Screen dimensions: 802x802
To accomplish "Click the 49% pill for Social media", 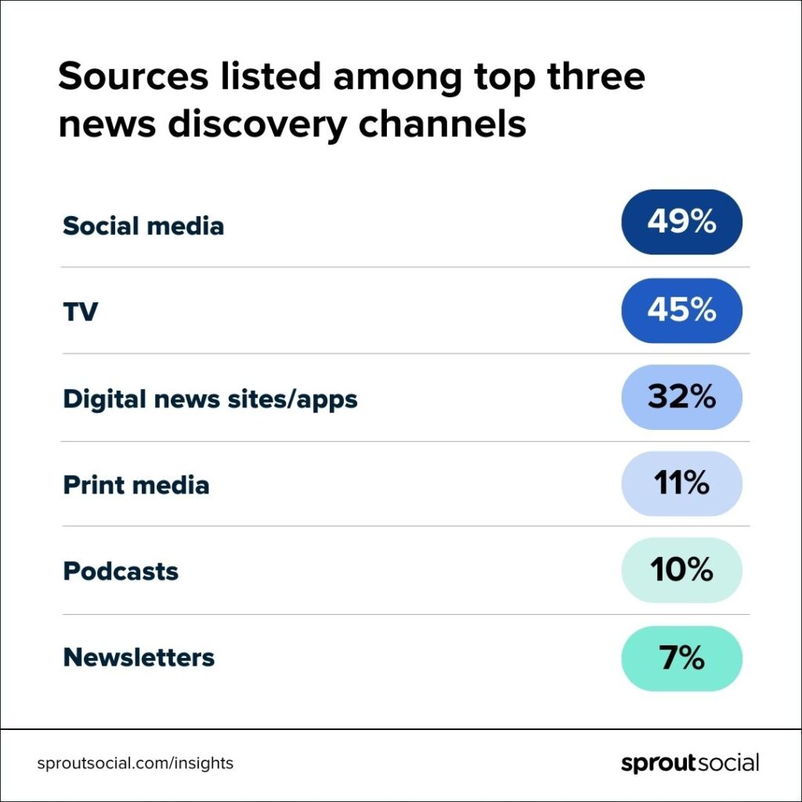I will pos(681,222).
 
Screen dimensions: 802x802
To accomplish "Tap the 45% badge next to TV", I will pos(681,310).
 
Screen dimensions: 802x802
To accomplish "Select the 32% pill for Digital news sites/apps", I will pos(681,397).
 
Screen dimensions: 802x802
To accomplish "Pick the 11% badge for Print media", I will pos(681,484).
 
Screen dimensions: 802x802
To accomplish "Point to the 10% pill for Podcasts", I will pos(681,571).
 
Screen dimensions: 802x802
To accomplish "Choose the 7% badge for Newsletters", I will pos(681,659).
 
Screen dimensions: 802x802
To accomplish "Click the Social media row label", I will pos(143,226).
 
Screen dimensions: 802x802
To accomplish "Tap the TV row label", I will pos(80,312).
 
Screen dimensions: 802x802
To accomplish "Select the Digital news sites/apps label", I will pos(210,399).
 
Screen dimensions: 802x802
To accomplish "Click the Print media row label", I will pos(135,485).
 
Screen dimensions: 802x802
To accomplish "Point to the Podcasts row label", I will pos(121,571).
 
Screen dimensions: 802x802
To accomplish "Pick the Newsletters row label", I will pos(139,658).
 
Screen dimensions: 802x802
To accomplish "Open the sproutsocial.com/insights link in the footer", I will pos(135,763).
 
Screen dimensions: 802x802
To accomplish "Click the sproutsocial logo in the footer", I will pos(689,763).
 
